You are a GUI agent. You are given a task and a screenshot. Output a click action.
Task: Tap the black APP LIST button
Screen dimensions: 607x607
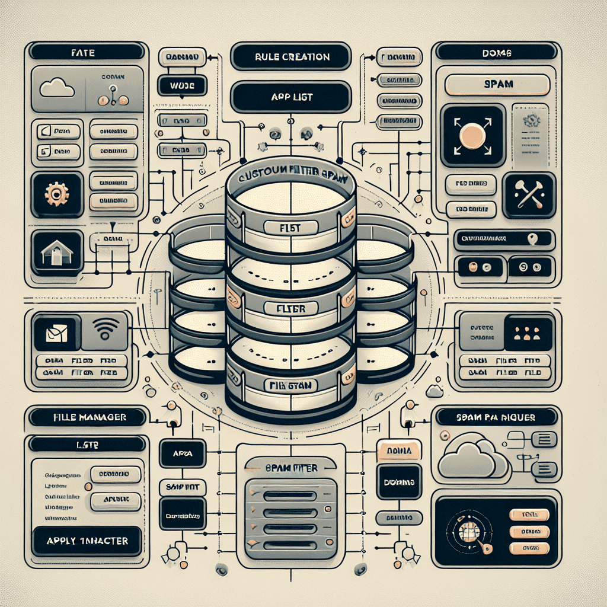[291, 97]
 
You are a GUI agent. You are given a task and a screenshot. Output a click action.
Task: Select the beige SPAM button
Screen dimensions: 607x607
[497, 85]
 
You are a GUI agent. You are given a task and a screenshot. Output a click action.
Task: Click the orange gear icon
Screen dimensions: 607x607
[57, 194]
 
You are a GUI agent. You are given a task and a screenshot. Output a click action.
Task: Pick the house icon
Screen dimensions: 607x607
[57, 252]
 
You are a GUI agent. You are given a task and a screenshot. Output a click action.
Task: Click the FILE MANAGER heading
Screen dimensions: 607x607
[87, 417]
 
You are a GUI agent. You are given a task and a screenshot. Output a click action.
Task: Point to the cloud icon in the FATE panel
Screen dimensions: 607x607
[57, 89]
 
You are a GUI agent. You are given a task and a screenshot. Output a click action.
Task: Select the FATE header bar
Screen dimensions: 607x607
[87, 53]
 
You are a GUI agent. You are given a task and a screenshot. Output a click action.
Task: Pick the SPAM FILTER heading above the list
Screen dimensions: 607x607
[290, 468]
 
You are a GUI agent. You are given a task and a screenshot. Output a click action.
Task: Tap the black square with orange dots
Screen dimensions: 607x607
[528, 332]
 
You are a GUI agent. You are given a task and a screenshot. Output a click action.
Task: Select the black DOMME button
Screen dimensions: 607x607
[399, 481]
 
